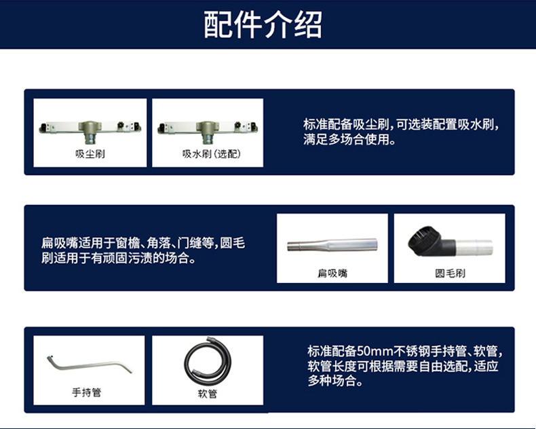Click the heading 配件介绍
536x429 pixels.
[x=263, y=24]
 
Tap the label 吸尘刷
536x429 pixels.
[x=90, y=154]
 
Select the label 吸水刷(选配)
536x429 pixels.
[x=211, y=154]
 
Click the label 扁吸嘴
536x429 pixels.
[x=332, y=273]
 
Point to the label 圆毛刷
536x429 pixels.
[x=450, y=273]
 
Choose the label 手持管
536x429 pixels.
[x=87, y=392]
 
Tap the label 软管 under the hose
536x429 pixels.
[x=208, y=394]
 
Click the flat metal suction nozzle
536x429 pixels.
[x=332, y=245]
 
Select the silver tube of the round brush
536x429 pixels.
[x=474, y=247]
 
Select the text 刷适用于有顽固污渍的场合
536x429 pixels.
[x=115, y=259]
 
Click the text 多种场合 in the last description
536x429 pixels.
[x=331, y=381]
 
